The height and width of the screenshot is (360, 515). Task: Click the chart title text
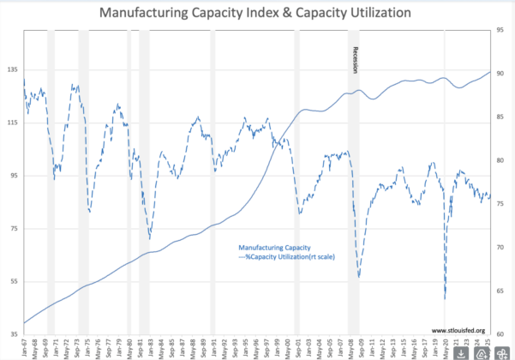click(257, 14)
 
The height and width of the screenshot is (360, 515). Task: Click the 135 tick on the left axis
click(13, 70)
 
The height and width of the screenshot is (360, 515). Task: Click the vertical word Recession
click(354, 60)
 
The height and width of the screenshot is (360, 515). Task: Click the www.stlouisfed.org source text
click(454, 330)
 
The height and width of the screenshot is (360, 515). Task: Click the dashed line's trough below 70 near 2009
click(359, 276)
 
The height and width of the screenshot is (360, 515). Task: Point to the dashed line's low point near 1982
click(149, 239)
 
